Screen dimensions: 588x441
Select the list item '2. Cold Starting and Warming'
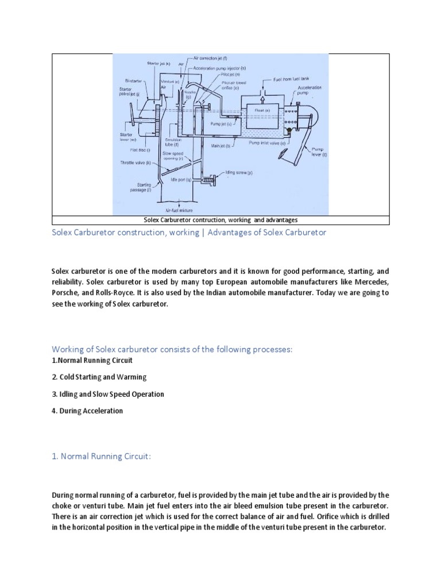99,377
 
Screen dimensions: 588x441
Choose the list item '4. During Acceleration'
87,411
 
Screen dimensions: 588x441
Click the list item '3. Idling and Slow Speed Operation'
108,394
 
